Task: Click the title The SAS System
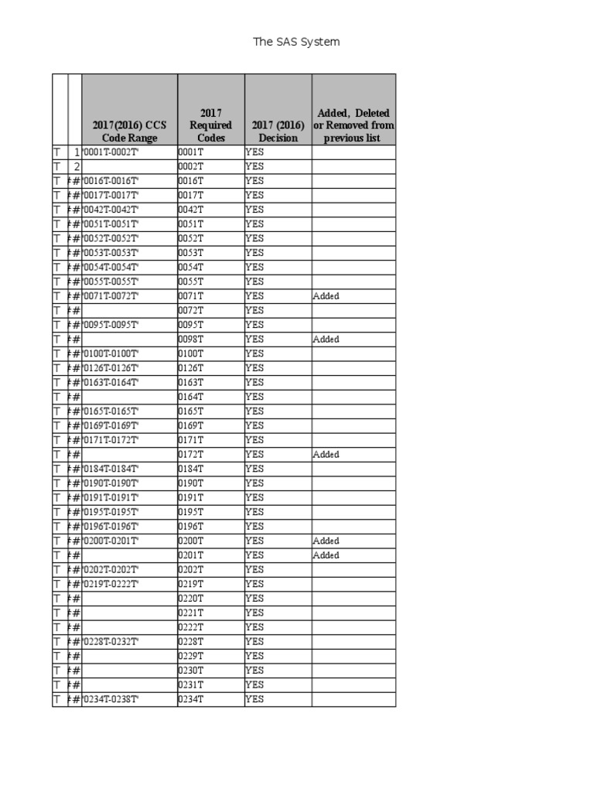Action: (296, 42)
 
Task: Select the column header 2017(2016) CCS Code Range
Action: (129, 131)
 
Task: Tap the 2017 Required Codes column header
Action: (210, 125)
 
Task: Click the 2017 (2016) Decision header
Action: (278, 131)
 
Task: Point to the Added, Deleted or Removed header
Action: (353, 125)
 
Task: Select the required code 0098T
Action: (190, 340)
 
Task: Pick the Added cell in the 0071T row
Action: (326, 296)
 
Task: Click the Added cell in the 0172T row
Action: (326, 455)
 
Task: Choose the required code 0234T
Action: (190, 699)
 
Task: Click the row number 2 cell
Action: (76, 166)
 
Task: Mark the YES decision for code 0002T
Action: (254, 166)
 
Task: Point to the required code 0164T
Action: (190, 397)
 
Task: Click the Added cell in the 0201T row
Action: (326, 555)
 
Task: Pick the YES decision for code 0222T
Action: (254, 627)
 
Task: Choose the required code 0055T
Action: (190, 282)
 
